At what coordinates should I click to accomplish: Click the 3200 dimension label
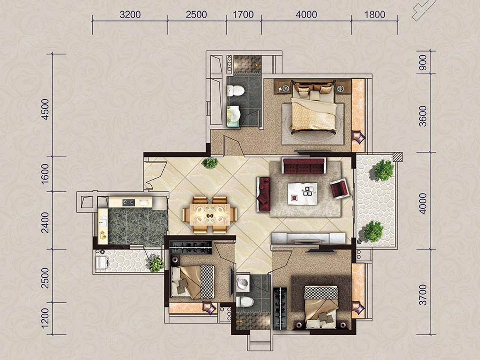[130, 15]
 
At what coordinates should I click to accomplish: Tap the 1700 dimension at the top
[243, 15]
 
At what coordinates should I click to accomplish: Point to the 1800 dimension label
[374, 15]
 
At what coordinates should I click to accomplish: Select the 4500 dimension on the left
[45, 109]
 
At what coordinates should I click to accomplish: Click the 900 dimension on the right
[423, 62]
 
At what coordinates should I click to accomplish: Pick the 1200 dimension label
[45, 318]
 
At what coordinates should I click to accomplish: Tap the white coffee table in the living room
[303, 194]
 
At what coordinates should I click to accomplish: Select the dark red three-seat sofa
[304, 166]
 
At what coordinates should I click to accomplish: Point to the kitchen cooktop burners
[128, 202]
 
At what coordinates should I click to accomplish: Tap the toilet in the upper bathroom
[236, 91]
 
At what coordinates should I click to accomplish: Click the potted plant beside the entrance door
[210, 163]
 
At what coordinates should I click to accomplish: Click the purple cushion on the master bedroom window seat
[358, 137]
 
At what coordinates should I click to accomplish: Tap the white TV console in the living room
[308, 238]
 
